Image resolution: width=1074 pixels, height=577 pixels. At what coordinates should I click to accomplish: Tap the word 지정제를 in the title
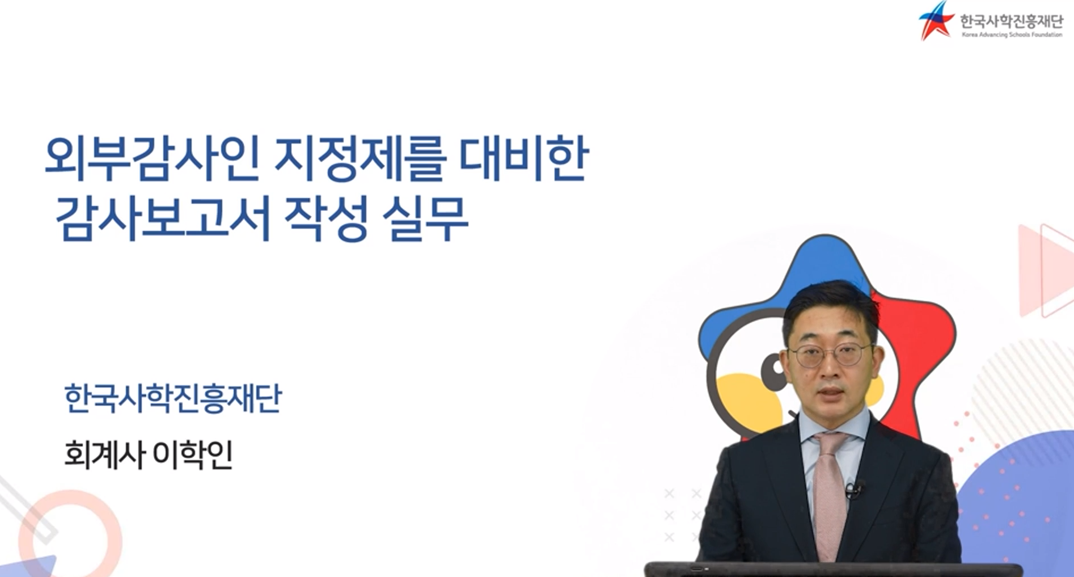tap(358, 158)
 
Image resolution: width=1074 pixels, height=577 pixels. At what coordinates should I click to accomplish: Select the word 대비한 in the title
tap(523, 158)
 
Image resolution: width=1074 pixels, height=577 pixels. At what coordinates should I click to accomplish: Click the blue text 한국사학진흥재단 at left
tap(173, 398)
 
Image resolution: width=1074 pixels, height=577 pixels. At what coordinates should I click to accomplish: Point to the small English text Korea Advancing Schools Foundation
tap(1012, 35)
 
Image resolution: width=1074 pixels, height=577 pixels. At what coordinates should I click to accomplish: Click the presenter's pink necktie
tap(829, 494)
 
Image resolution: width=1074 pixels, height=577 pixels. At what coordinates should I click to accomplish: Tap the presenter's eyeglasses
tap(830, 355)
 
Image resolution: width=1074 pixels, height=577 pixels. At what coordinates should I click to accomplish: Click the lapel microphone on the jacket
tap(852, 488)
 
